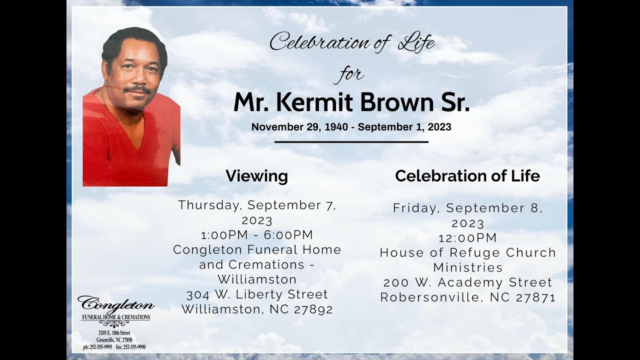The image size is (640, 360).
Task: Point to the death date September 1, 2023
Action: click(404, 127)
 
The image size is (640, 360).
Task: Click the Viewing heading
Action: click(256, 176)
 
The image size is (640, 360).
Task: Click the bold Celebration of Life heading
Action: click(467, 176)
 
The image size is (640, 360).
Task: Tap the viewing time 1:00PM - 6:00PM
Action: click(257, 235)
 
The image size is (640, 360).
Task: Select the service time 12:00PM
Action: click(468, 237)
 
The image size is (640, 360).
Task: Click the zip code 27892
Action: click(313, 309)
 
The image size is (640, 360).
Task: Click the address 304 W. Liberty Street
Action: click(257, 294)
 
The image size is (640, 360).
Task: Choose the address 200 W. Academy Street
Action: click(468, 282)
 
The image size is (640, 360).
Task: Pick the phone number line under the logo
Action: click(114, 347)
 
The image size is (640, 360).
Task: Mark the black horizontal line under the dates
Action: click(351, 142)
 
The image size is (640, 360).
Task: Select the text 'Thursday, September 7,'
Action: click(257, 205)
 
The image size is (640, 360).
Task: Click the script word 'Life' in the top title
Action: click(416, 43)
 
